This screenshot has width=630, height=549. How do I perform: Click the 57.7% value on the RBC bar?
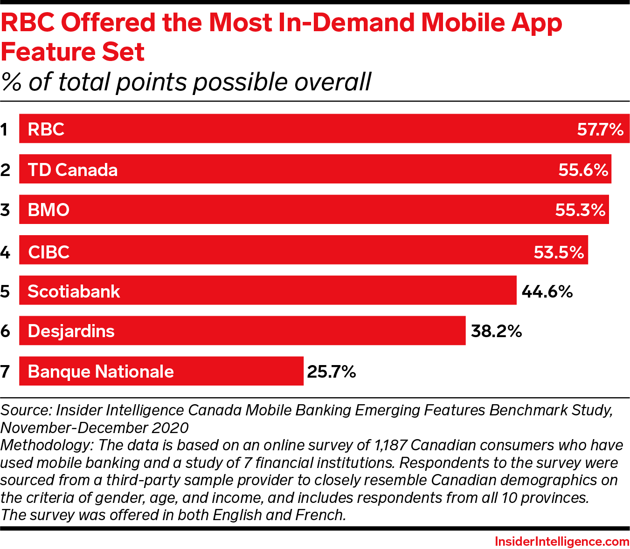[x=600, y=129]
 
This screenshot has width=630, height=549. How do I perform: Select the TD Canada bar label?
[x=73, y=170]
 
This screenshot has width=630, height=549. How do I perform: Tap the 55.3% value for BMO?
[x=580, y=210]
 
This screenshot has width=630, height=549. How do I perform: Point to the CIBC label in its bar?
[x=48, y=252]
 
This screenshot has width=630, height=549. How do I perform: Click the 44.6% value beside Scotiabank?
[x=547, y=292]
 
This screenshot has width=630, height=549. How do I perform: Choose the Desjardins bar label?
[x=71, y=332]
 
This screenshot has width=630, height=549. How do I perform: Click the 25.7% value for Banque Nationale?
[x=331, y=372]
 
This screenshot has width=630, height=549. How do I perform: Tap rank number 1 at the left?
[x=5, y=129]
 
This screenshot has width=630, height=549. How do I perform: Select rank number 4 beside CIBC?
[x=5, y=252]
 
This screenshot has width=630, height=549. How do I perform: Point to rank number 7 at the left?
[x=5, y=372]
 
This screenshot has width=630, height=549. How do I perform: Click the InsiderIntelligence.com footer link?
[x=562, y=542]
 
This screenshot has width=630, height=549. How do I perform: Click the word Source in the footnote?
[x=26, y=410]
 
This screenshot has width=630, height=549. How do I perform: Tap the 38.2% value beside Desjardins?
[x=496, y=332]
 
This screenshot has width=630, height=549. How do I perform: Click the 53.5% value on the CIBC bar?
[x=559, y=252]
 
